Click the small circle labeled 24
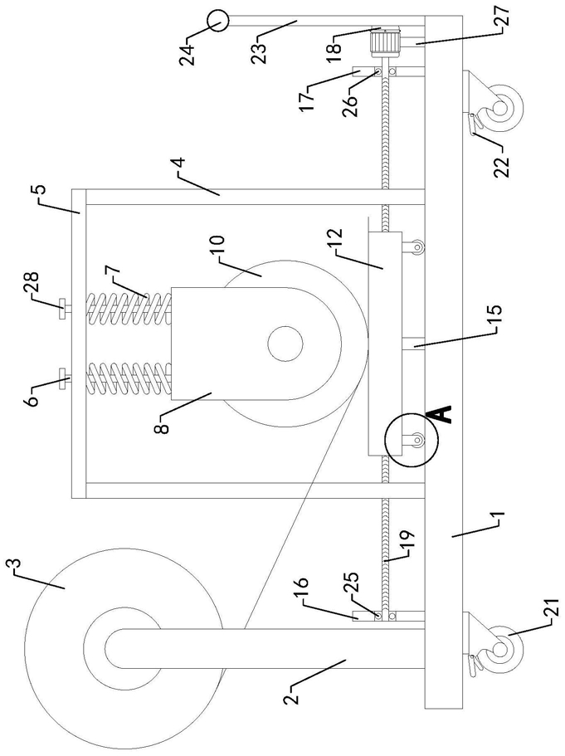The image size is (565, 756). pos(217,22)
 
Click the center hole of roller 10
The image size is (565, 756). pos(285,344)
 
